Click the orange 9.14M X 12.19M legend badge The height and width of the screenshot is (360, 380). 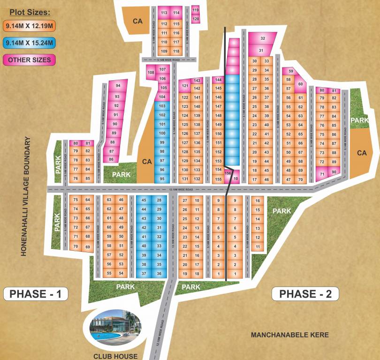tap(29, 26)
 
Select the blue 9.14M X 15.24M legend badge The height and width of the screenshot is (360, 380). tap(29, 43)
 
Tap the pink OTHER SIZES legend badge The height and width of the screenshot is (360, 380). tap(29, 60)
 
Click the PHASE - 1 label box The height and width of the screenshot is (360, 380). tap(36, 294)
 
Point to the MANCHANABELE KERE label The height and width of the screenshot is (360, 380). tap(289, 335)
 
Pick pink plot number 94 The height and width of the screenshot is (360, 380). tap(118, 86)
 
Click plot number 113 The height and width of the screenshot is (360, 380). tap(164, 13)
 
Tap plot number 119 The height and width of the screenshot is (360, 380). tap(196, 10)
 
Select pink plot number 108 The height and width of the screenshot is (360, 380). tap(151, 73)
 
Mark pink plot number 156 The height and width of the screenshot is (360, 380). tap(228, 173)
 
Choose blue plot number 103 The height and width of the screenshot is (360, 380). tap(162, 106)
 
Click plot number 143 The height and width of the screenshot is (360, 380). tap(197, 81)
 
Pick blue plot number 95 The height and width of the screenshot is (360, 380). tap(162, 179)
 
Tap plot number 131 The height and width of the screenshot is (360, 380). tap(185, 179)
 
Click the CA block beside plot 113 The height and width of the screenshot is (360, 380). tap(137, 21)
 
